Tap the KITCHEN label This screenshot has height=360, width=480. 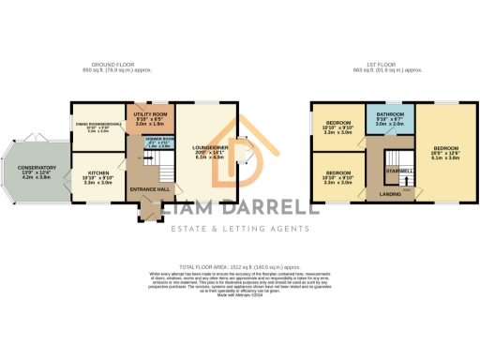coord(97,172)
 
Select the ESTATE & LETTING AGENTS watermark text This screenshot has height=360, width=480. coord(240,229)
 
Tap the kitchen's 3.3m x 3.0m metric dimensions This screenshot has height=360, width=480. coord(97,183)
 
